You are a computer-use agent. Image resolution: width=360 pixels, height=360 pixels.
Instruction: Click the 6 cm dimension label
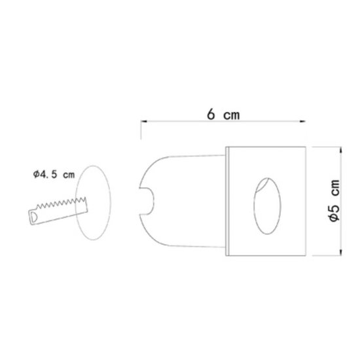click(x=223, y=113)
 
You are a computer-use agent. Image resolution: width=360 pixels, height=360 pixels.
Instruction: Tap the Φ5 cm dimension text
click(x=334, y=202)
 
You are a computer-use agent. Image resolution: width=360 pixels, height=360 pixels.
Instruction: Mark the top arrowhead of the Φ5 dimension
click(x=341, y=151)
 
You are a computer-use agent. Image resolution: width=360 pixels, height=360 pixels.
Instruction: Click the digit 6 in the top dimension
click(x=211, y=113)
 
